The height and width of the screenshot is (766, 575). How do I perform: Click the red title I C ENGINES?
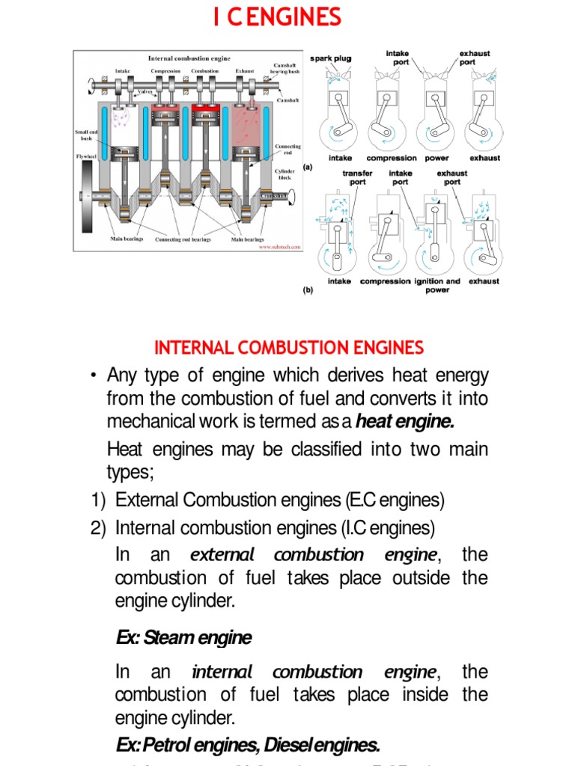click(x=277, y=16)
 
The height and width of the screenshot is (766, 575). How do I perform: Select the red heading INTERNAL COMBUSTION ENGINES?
click(x=288, y=348)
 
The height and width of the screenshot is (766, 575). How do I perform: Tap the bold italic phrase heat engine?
click(x=405, y=422)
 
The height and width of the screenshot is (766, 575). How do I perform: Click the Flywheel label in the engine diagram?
click(x=88, y=157)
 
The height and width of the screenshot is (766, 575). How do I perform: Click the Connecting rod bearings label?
click(x=183, y=240)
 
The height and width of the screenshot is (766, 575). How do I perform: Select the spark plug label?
click(x=330, y=58)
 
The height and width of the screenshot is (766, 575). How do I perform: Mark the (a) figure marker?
click(x=307, y=168)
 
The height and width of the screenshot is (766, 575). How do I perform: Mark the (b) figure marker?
click(x=307, y=291)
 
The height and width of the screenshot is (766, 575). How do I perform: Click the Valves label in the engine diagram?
click(x=144, y=91)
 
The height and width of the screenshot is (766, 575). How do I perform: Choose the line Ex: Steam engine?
click(x=184, y=638)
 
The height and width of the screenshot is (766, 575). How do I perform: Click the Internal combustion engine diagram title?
click(x=189, y=58)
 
